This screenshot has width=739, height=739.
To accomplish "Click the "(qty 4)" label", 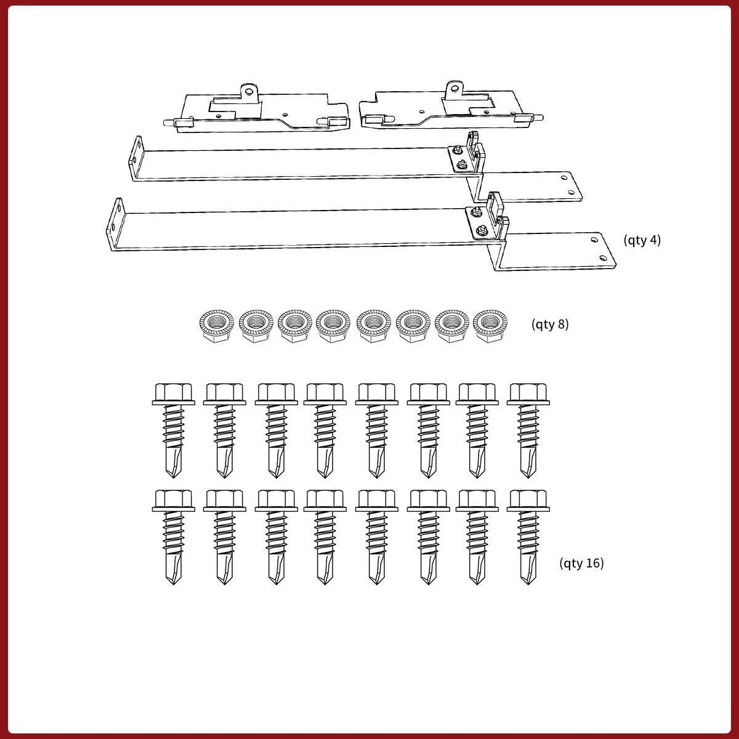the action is click(642, 240).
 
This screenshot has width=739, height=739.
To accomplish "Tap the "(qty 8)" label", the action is click(550, 325).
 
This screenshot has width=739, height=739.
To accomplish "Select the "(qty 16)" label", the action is click(581, 563).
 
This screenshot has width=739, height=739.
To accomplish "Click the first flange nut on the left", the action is click(217, 326).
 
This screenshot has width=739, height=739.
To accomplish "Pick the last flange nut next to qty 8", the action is click(490, 326).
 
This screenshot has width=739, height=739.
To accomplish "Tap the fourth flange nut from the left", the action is click(333, 326).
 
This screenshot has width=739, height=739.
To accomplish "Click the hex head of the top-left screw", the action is click(173, 394).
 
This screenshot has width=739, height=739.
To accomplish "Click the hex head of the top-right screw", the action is click(528, 394).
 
